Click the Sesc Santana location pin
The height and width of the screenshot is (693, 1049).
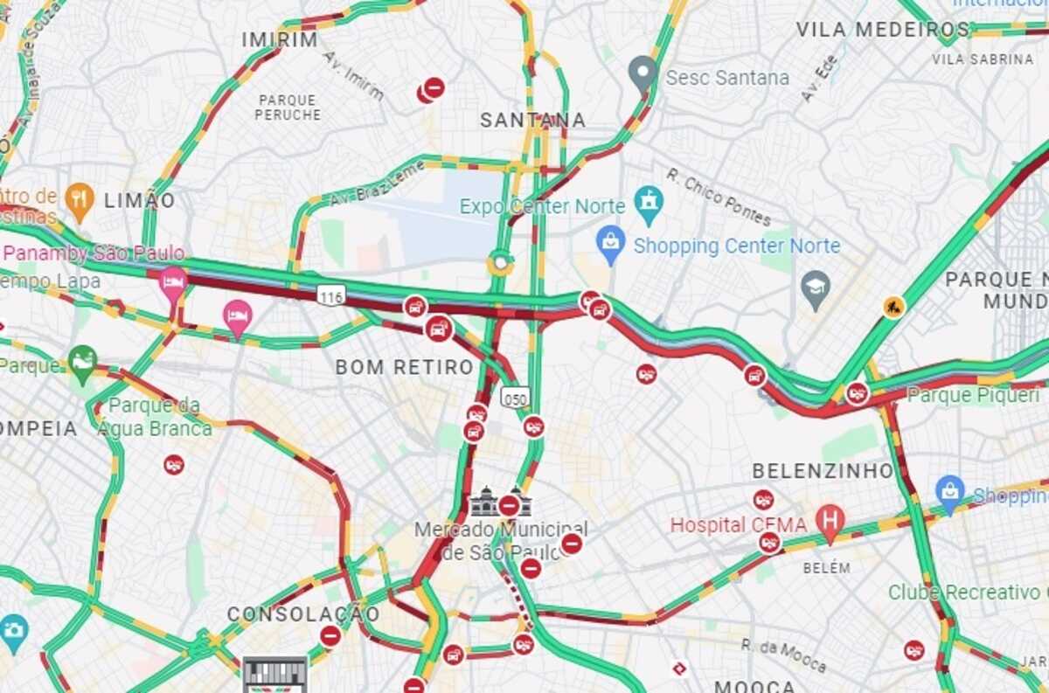[x=643, y=72]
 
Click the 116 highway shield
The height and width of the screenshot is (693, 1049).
[x=331, y=296]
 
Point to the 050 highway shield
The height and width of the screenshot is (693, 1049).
[x=515, y=398]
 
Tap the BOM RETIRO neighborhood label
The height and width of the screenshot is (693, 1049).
[x=404, y=367]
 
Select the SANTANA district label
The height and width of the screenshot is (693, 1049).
[x=532, y=120]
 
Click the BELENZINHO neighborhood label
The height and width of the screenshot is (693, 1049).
[x=823, y=471]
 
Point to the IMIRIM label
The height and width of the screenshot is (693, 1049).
[x=280, y=39]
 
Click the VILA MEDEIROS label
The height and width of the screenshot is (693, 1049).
[x=883, y=29]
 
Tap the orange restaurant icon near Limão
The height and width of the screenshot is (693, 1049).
[x=80, y=200]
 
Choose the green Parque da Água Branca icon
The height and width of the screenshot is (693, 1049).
[x=82, y=363]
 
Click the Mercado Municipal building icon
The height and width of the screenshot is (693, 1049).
[x=483, y=502]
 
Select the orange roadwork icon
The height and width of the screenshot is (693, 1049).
[x=893, y=307]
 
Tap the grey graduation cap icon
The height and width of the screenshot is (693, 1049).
[x=816, y=288]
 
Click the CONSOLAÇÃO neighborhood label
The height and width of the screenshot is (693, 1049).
[x=303, y=614]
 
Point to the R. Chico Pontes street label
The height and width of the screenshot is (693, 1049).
[x=719, y=197]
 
